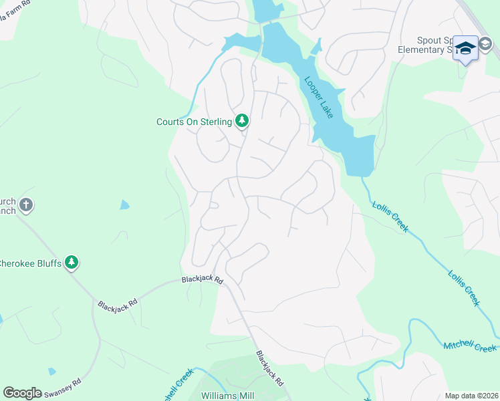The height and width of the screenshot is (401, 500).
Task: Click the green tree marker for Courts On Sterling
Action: (x=242, y=121)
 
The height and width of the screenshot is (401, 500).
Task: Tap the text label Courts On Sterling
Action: (x=194, y=122)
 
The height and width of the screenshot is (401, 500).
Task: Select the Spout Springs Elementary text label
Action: (x=434, y=45)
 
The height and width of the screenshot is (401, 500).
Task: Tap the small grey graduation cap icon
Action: (x=486, y=45)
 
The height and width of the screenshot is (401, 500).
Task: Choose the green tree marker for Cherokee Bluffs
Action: (x=72, y=263)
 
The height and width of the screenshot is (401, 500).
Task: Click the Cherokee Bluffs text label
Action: (x=31, y=263)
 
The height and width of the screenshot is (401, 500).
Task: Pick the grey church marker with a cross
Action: (x=26, y=205)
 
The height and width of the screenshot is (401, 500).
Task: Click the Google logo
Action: (x=22, y=392)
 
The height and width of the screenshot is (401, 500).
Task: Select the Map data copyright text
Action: (x=471, y=396)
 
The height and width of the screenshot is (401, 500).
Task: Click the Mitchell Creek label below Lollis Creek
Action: (x=470, y=346)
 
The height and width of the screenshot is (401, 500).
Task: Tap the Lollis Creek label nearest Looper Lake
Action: (x=389, y=217)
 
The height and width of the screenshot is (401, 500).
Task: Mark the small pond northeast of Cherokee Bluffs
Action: (x=124, y=205)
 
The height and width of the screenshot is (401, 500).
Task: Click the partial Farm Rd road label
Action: (x=13, y=5)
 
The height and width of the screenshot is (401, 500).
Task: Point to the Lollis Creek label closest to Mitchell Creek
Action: (x=464, y=287)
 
